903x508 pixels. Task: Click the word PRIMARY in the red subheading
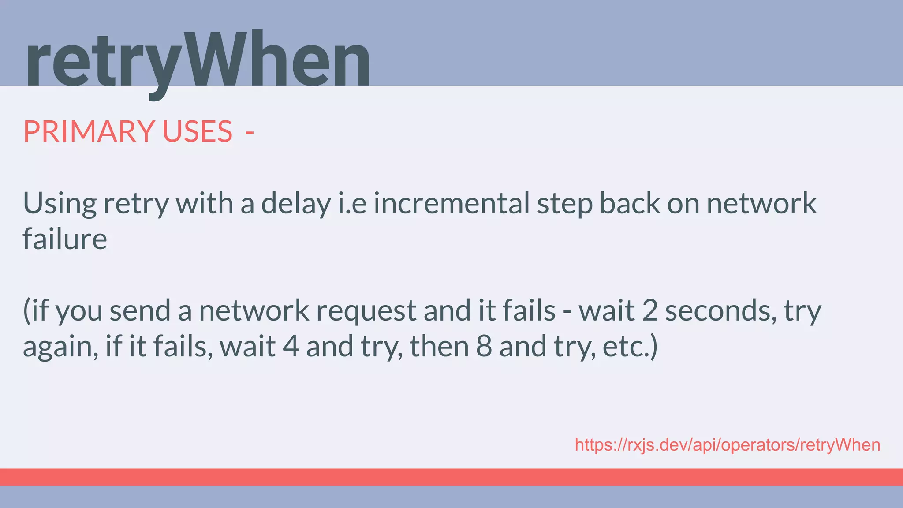[89, 131]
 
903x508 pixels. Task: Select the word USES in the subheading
[197, 131]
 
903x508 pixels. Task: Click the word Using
[60, 204]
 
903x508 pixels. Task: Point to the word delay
[295, 204]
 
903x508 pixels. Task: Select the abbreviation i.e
[352, 204]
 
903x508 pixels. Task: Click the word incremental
[451, 204]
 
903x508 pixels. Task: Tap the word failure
[65, 239]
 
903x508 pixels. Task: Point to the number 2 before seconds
[650, 310]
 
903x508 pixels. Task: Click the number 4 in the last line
[291, 347]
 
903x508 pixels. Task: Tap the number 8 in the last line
[484, 347]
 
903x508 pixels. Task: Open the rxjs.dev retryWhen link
[728, 445]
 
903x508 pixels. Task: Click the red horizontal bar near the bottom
[451, 477]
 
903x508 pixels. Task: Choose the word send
[140, 310]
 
